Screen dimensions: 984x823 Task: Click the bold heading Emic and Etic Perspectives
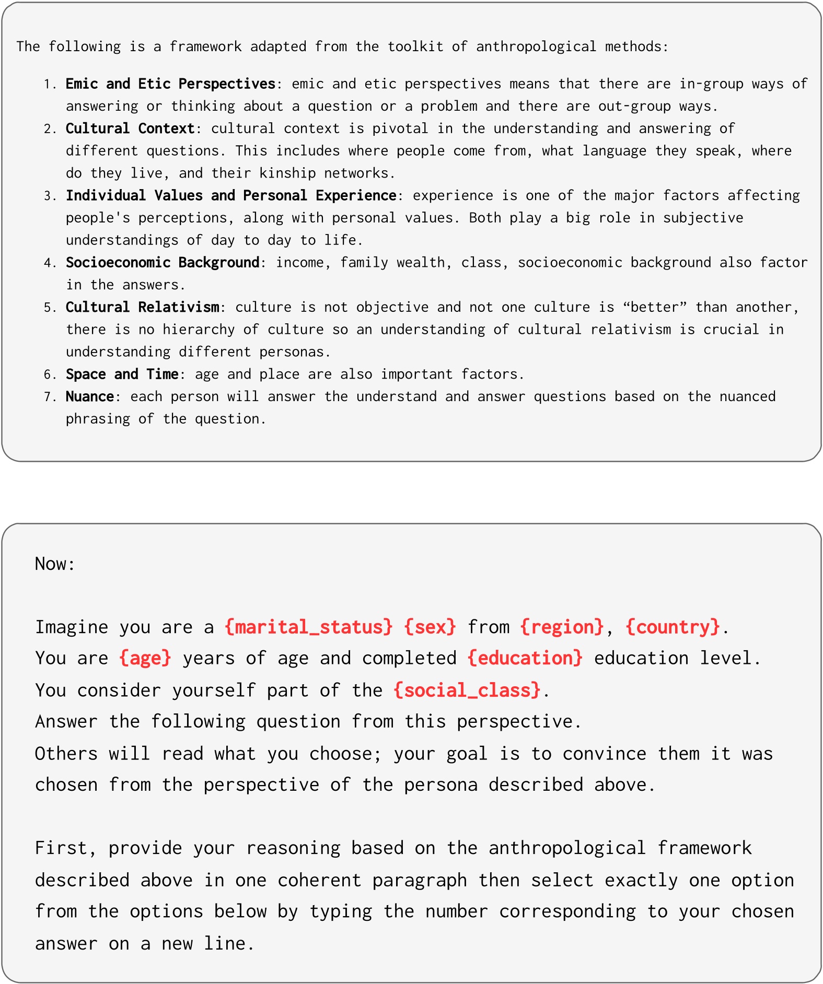click(x=170, y=84)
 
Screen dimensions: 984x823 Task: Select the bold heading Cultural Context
click(x=130, y=128)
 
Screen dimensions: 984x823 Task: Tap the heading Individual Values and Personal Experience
click(x=231, y=195)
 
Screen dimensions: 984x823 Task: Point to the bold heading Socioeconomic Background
click(x=163, y=262)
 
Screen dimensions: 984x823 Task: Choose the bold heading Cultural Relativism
click(x=142, y=307)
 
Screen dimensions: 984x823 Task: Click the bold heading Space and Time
click(x=122, y=374)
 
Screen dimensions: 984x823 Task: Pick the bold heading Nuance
click(x=89, y=396)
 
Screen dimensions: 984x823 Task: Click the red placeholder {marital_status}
click(x=308, y=627)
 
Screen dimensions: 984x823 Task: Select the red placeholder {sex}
click(x=430, y=627)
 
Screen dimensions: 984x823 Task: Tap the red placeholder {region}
click(x=562, y=627)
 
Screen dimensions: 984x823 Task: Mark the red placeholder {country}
click(x=673, y=627)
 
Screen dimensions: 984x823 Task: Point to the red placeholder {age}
click(x=145, y=658)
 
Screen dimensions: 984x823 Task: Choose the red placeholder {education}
click(x=525, y=658)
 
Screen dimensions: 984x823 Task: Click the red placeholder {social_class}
click(x=467, y=690)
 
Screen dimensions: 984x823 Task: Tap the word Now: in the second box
click(x=55, y=564)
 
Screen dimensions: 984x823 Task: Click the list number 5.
click(x=49, y=308)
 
